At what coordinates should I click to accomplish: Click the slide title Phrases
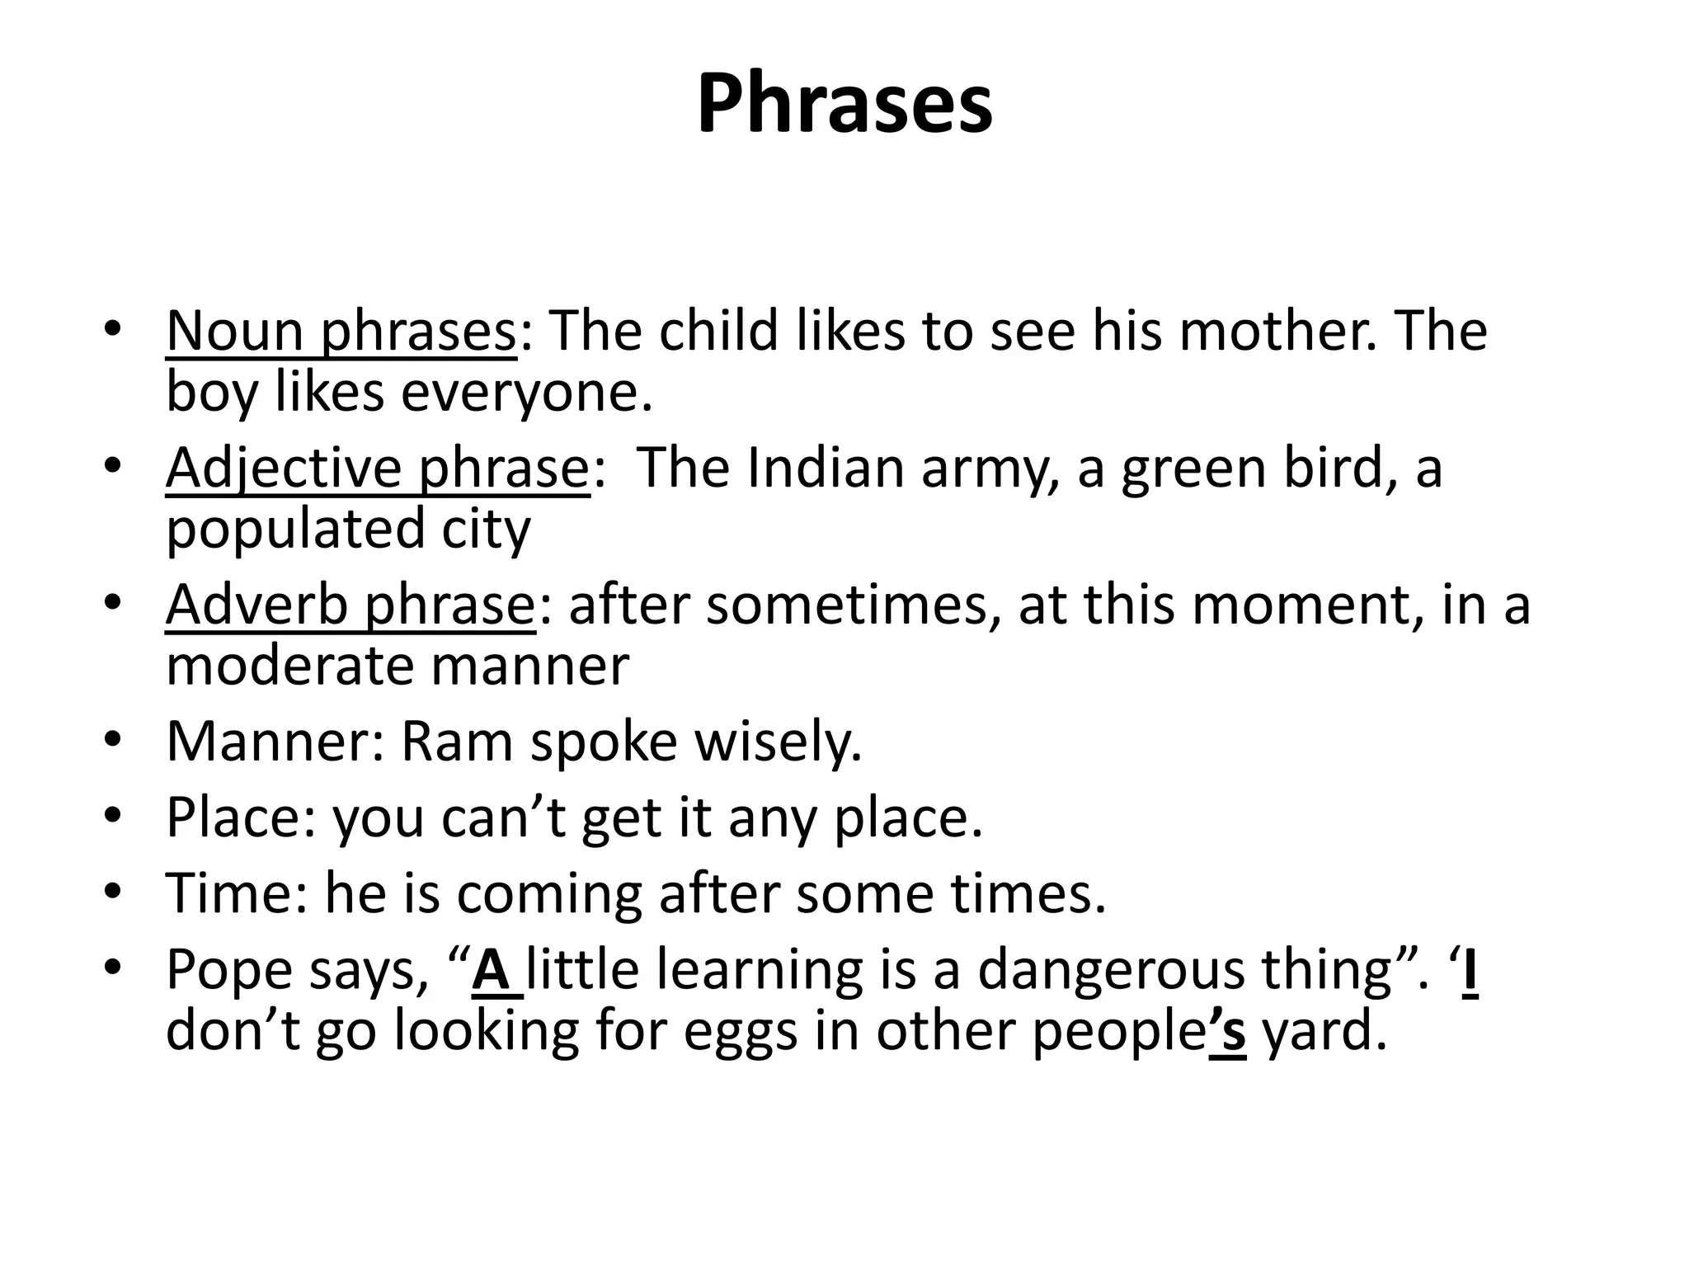coord(844,106)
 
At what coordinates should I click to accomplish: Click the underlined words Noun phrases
coord(341,331)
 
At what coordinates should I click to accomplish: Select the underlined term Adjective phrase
coord(378,469)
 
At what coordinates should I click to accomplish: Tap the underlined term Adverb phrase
coord(351,605)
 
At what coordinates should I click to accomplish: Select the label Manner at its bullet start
coord(266,741)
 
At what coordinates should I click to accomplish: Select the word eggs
coord(741,1032)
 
